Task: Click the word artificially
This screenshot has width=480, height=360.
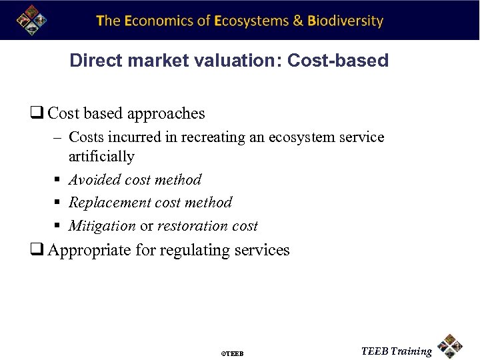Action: (x=101, y=157)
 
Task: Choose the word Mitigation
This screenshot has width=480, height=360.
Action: (x=102, y=226)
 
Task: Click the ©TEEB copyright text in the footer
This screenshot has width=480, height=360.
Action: (x=233, y=353)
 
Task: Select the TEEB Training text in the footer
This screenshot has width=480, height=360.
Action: (x=396, y=351)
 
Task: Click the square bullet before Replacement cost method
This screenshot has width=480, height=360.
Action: (x=59, y=203)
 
